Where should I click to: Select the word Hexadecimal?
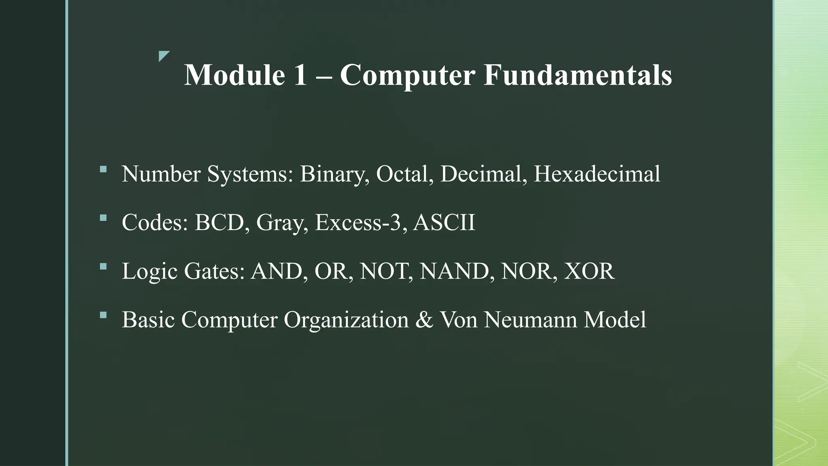597,174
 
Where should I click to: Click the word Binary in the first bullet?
334,174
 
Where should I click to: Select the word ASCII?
444,222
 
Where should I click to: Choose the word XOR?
589,271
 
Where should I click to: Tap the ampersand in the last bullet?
424,320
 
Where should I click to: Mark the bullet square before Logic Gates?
103,266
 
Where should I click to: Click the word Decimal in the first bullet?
483,174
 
